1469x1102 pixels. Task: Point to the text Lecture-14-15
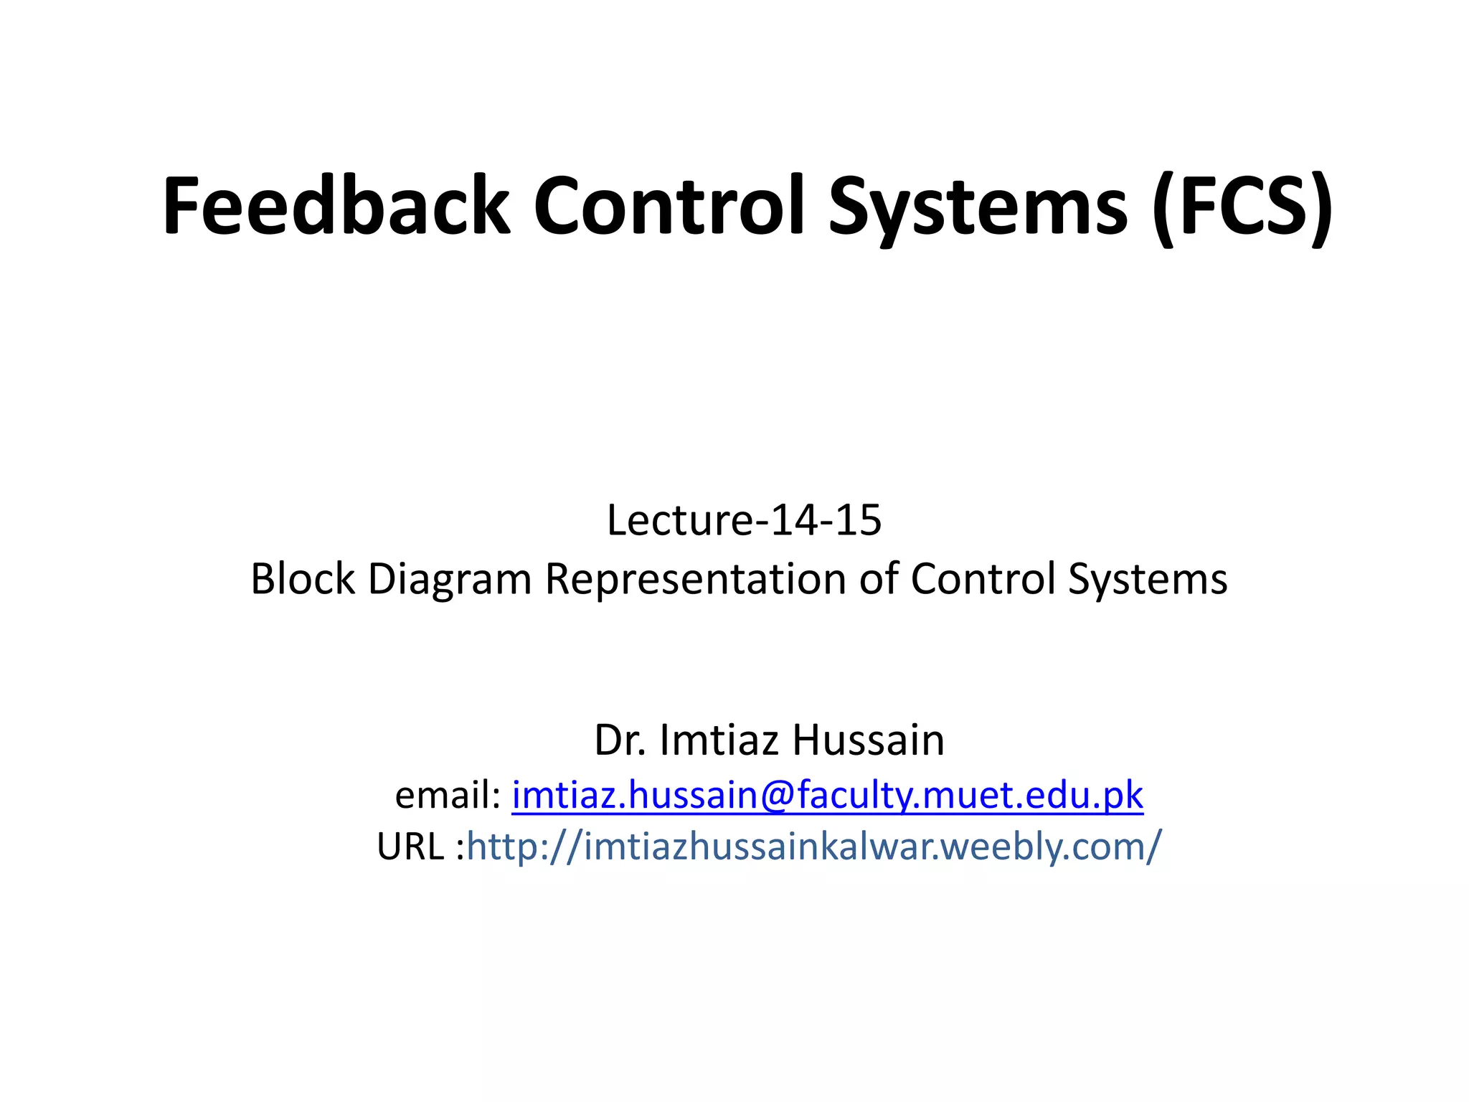point(744,520)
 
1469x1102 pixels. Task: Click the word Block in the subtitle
point(303,578)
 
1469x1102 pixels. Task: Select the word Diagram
point(450,580)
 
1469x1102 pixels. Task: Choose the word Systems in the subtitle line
point(1148,580)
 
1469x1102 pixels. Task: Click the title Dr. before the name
point(620,740)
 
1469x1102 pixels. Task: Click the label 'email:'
point(448,795)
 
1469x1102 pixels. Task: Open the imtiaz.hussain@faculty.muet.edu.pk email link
point(827,795)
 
